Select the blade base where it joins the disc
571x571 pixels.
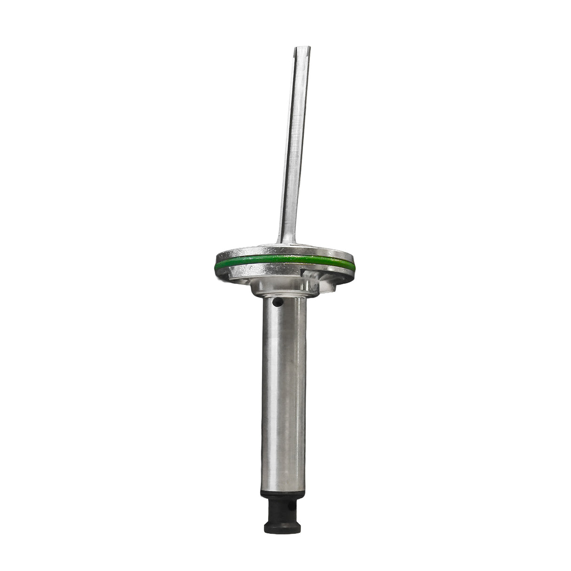286,241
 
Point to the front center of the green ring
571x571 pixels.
282,260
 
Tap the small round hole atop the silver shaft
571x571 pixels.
279,302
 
